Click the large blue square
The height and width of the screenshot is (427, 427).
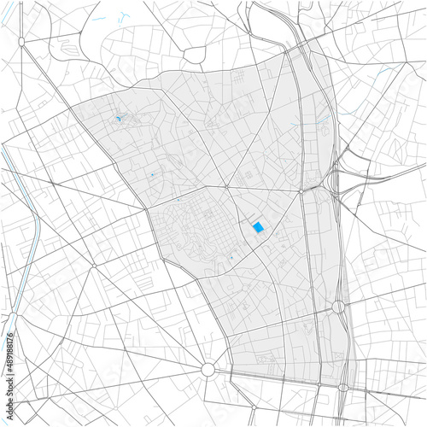pyautogui.click(x=257, y=227)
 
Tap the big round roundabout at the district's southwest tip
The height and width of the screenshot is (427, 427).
pyautogui.click(x=207, y=369)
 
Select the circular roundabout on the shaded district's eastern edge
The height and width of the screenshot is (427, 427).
pyautogui.click(x=338, y=306)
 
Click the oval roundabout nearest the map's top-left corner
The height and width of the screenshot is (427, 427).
pyautogui.click(x=20, y=41)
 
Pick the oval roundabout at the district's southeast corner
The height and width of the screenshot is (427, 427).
pyautogui.click(x=343, y=387)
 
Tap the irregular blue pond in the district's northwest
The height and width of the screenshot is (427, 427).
pyautogui.click(x=117, y=119)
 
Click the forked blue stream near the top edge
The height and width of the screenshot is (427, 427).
pyautogui.click(x=124, y=16)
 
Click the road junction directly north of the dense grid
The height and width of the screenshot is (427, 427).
pyautogui.click(x=227, y=187)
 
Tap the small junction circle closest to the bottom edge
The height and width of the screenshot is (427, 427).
pyautogui.click(x=321, y=418)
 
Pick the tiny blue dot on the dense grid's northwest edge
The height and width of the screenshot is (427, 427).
pyautogui.click(x=179, y=200)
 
